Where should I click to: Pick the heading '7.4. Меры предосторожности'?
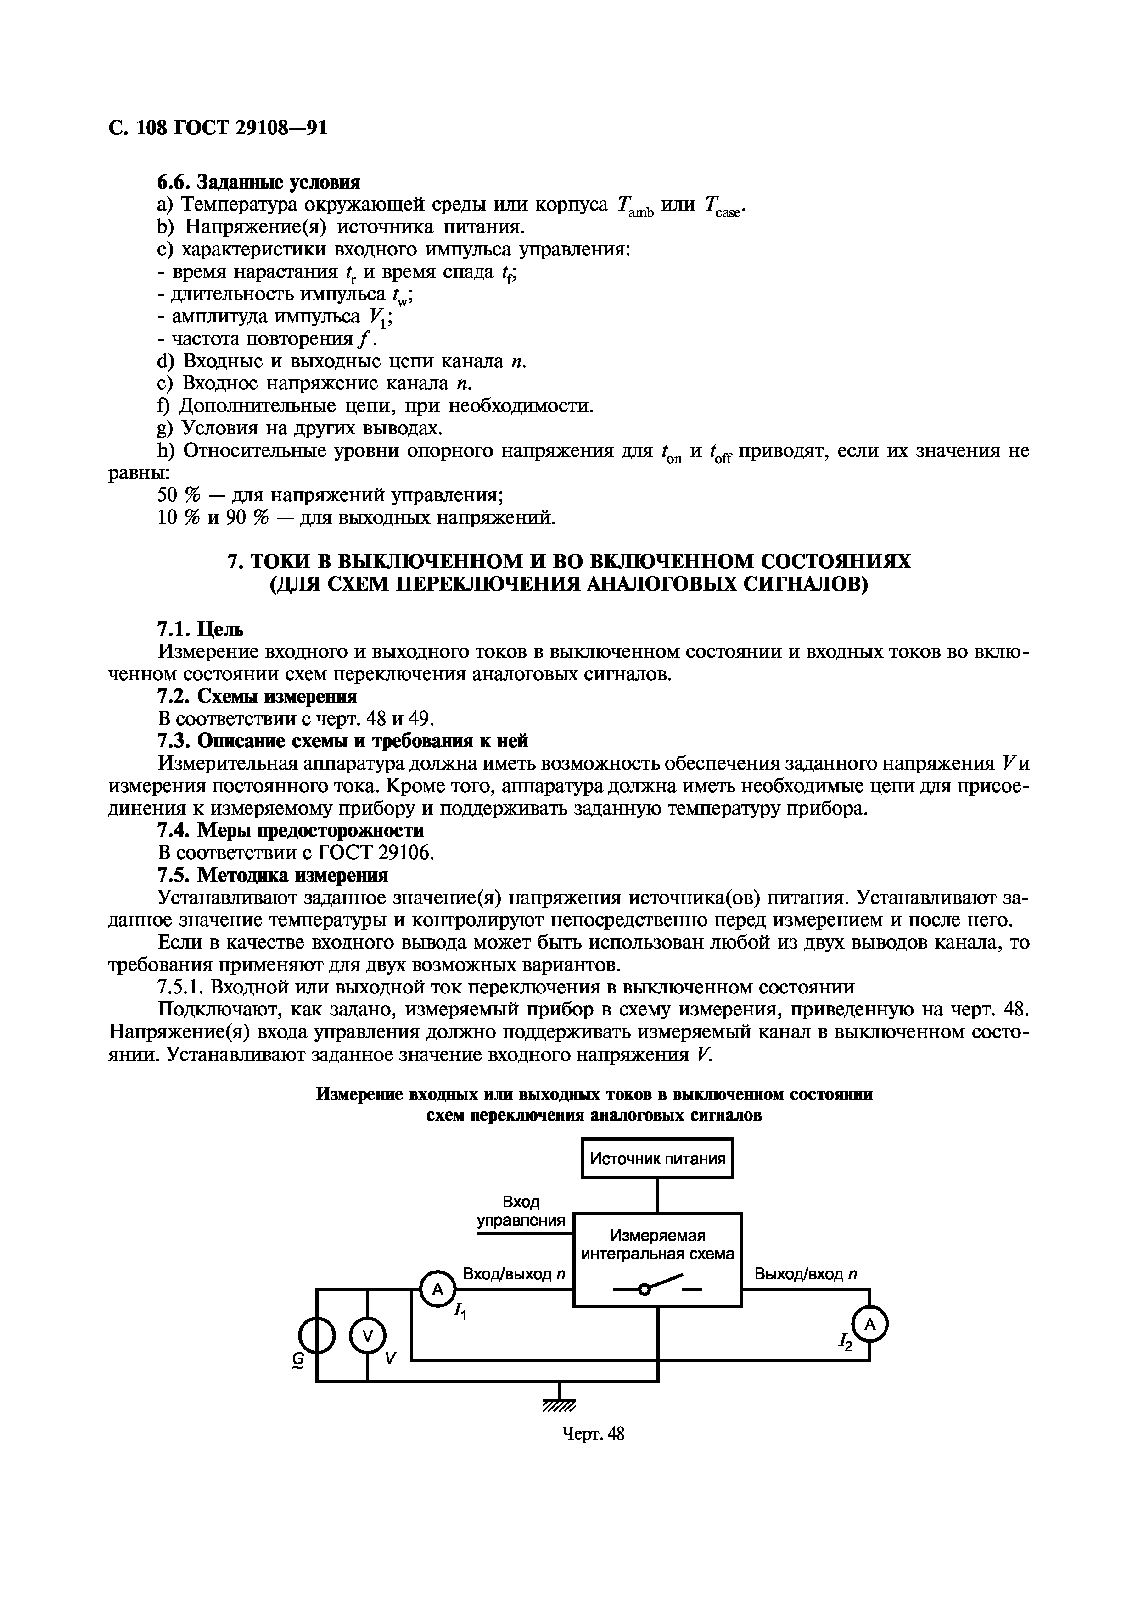290,831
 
